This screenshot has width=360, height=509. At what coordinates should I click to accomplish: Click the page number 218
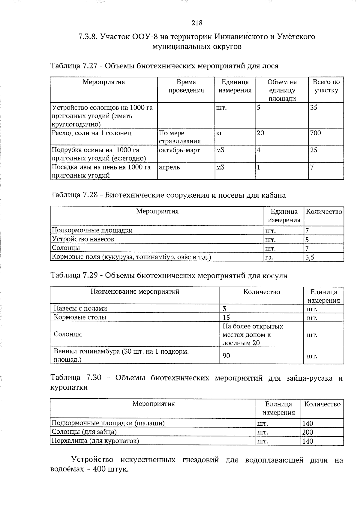pyautogui.click(x=197, y=23)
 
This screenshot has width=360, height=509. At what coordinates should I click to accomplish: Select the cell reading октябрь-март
pyautogui.click(x=179, y=150)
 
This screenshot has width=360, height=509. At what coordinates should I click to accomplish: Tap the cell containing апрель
pyautogui.click(x=169, y=167)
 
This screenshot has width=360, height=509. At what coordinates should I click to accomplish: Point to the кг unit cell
pyautogui.click(x=219, y=133)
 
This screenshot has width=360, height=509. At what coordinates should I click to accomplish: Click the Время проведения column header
pyautogui.click(x=186, y=86)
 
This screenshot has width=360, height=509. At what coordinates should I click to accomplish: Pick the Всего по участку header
pyautogui.click(x=326, y=86)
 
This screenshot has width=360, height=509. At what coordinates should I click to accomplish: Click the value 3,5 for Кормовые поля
pyautogui.click(x=309, y=257)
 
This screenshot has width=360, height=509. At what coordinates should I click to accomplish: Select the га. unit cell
pyautogui.click(x=269, y=257)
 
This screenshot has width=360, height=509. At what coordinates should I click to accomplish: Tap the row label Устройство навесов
pyautogui.click(x=83, y=239)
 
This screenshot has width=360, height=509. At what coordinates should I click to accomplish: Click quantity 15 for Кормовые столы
pyautogui.click(x=226, y=317)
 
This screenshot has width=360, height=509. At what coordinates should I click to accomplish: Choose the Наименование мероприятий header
pyautogui.click(x=135, y=292)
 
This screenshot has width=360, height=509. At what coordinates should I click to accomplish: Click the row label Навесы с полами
pyautogui.click(x=80, y=308)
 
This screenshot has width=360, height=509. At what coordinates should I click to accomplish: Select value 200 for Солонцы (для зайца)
pyautogui.click(x=307, y=432)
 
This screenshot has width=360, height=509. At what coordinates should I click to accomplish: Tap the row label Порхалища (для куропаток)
pyautogui.click(x=95, y=441)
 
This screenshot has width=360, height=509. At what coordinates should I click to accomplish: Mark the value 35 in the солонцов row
pyautogui.click(x=313, y=107)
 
